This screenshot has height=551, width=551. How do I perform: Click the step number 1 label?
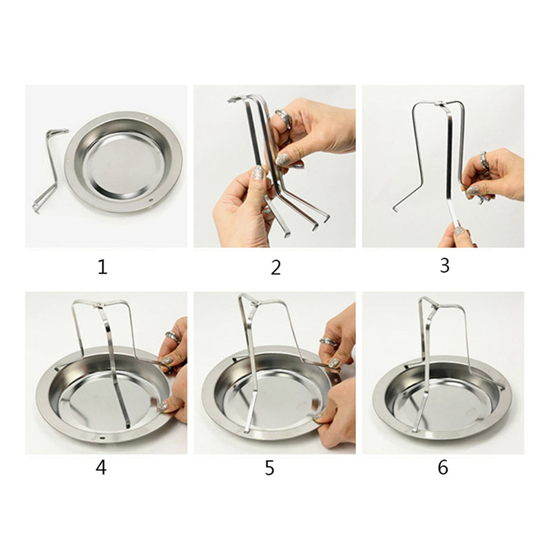pos(102,267)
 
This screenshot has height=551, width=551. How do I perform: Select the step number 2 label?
pos(276,267)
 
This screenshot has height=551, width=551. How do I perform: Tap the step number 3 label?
pos(444,266)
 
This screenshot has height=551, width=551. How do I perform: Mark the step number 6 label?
pos(443,468)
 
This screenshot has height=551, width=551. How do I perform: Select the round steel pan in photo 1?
pos(124,163)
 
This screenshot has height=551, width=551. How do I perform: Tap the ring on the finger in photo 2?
pos(283,118)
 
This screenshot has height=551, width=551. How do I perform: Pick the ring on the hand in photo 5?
pos(329,342)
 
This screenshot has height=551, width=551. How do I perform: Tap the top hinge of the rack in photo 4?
pos(99,305)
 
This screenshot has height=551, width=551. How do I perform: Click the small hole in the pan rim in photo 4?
pos(102,438)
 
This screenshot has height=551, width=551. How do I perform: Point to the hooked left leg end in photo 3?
pos(395,209)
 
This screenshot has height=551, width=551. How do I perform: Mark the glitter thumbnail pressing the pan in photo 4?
pos(163,407)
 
